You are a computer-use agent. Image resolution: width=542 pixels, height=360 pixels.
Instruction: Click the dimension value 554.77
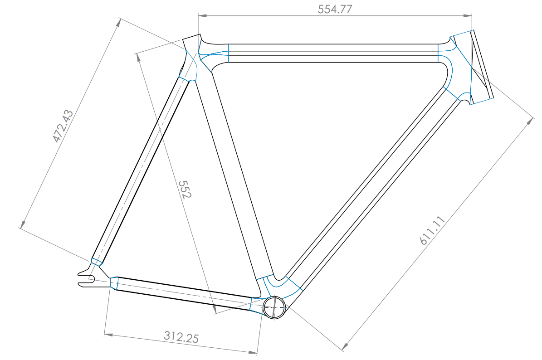335,10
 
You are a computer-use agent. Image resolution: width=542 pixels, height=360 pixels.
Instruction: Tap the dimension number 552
185,190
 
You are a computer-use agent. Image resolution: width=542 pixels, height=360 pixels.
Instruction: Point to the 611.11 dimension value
432,231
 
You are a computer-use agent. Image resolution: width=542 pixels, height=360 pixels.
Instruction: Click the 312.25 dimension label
181,337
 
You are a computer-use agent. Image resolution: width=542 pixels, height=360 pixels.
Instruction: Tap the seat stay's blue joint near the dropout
96,262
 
